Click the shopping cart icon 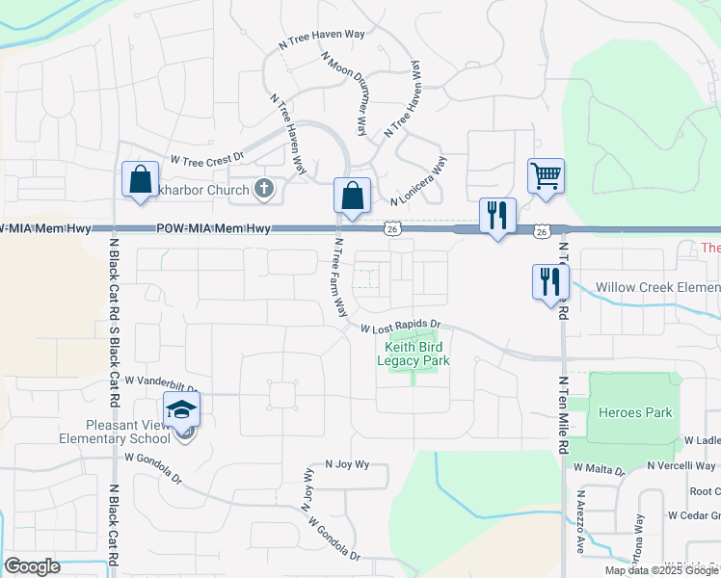click(546, 177)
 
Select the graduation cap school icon click(181, 410)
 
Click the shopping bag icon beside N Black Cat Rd click(141, 179)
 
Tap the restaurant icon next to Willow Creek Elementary click(550, 281)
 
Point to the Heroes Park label click(635, 412)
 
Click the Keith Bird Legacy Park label click(416, 354)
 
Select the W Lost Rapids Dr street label click(400, 328)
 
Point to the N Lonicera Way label click(419, 181)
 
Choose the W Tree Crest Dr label click(207, 157)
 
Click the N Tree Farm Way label click(339, 278)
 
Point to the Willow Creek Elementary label click(657, 287)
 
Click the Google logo click(33, 566)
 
